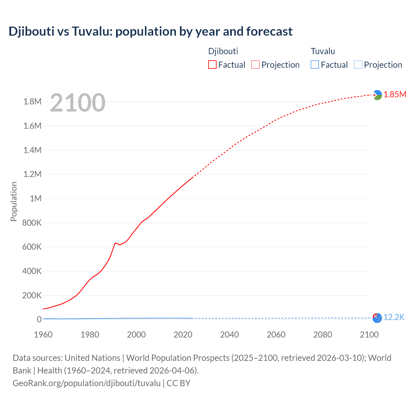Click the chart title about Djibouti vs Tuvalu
[x=150, y=31]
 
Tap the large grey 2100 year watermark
[x=77, y=103]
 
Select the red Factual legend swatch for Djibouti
[x=212, y=65]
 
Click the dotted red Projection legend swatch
[x=255, y=65]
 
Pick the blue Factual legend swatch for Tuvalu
[x=315, y=65]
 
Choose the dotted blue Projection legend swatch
[x=358, y=65]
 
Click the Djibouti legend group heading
[x=223, y=51]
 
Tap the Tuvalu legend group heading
[x=323, y=51]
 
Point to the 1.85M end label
[x=395, y=94]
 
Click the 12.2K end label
[x=394, y=317]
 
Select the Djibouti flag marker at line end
[x=377, y=95]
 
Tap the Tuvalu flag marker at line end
[x=377, y=318]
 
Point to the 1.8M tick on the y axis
[x=32, y=102]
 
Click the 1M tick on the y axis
[x=36, y=198]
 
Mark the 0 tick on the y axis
[x=39, y=319]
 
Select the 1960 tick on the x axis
[x=43, y=335]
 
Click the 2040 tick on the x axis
[x=230, y=335]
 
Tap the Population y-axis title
[x=14, y=201]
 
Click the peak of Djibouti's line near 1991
[x=115, y=243]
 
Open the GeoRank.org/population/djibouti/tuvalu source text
[x=87, y=383]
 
